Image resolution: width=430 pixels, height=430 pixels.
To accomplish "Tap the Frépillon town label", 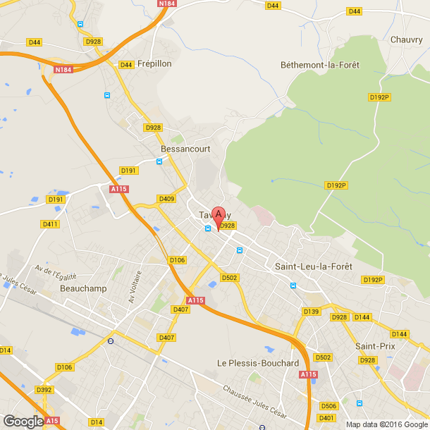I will coord(154,63).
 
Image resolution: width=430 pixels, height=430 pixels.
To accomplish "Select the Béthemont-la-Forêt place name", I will coord(319,65).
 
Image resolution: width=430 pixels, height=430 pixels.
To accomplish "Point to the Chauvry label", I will coord(406,39).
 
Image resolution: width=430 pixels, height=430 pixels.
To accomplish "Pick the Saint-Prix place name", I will coord(375,346).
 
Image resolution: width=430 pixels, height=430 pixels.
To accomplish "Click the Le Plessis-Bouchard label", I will coord(258,363).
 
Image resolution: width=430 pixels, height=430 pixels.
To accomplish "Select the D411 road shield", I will coord(50,224).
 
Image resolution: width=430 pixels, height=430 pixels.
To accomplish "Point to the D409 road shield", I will coord(166,199).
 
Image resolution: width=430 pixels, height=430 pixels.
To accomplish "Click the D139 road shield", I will coord(311,311).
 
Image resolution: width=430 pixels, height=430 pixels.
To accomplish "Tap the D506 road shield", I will coord(328,406).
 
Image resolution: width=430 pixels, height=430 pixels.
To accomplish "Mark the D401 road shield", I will coord(326,418).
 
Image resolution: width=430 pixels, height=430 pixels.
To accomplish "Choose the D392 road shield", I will coord(44,390).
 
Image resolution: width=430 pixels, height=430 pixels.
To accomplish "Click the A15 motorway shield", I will coord(52,421).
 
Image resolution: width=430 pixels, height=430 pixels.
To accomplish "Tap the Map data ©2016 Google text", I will coord(387,424).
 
